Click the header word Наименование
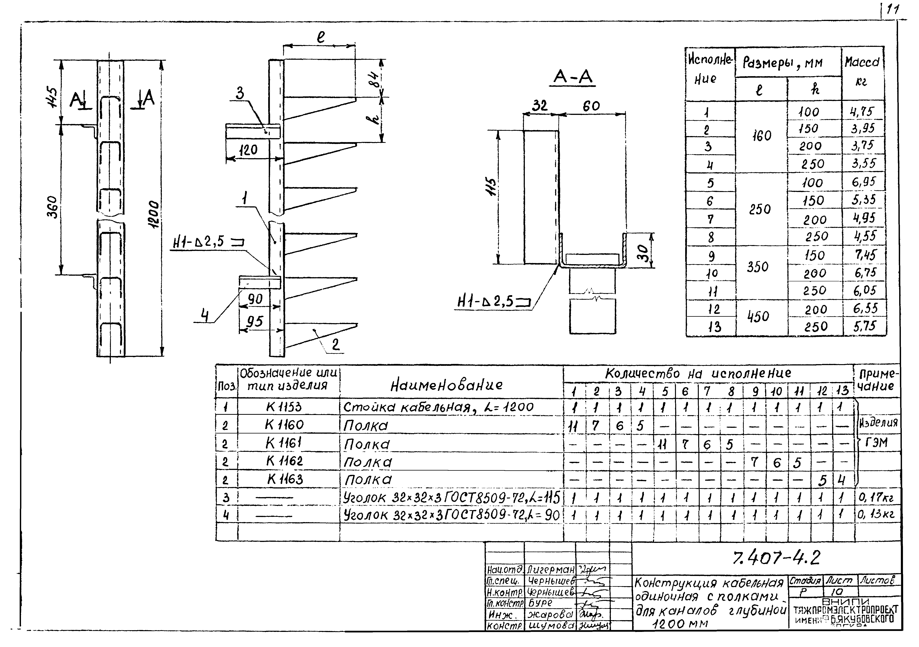446,385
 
